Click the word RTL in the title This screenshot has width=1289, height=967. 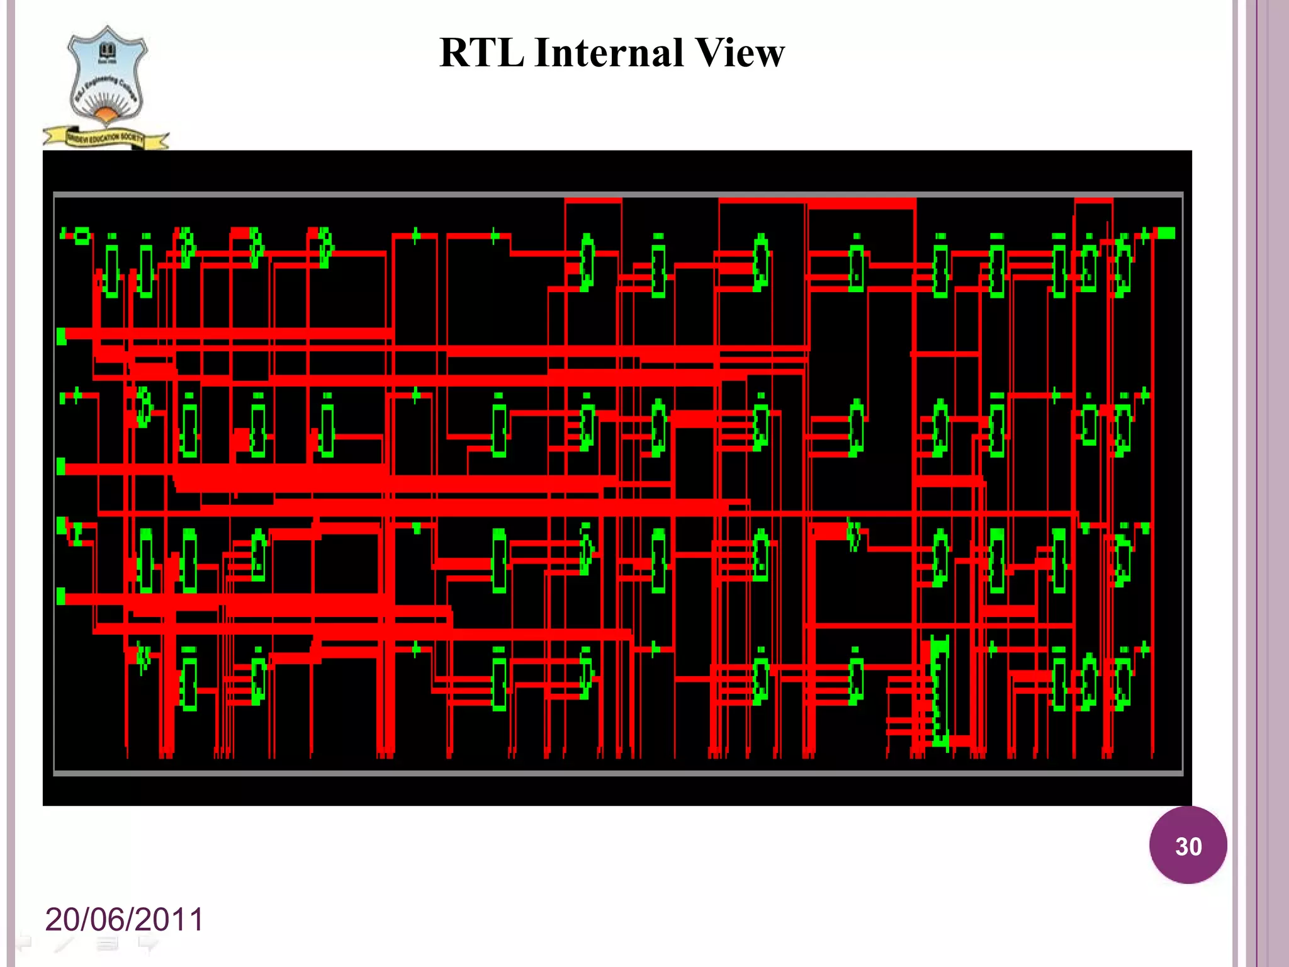click(481, 52)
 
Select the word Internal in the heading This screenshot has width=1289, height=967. click(608, 52)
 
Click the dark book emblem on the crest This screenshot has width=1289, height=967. click(108, 52)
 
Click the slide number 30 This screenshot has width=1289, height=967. click(1188, 845)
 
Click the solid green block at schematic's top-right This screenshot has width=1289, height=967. click(1166, 234)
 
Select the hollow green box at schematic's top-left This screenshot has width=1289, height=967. click(82, 237)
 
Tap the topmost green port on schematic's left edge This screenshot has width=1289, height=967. click(61, 336)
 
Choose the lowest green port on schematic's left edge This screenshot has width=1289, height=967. click(61, 596)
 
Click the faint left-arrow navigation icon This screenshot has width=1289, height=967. click(24, 943)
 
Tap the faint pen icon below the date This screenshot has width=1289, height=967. click(64, 943)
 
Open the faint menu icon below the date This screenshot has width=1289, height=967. click(107, 943)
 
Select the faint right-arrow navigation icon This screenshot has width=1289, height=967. click(149, 943)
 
